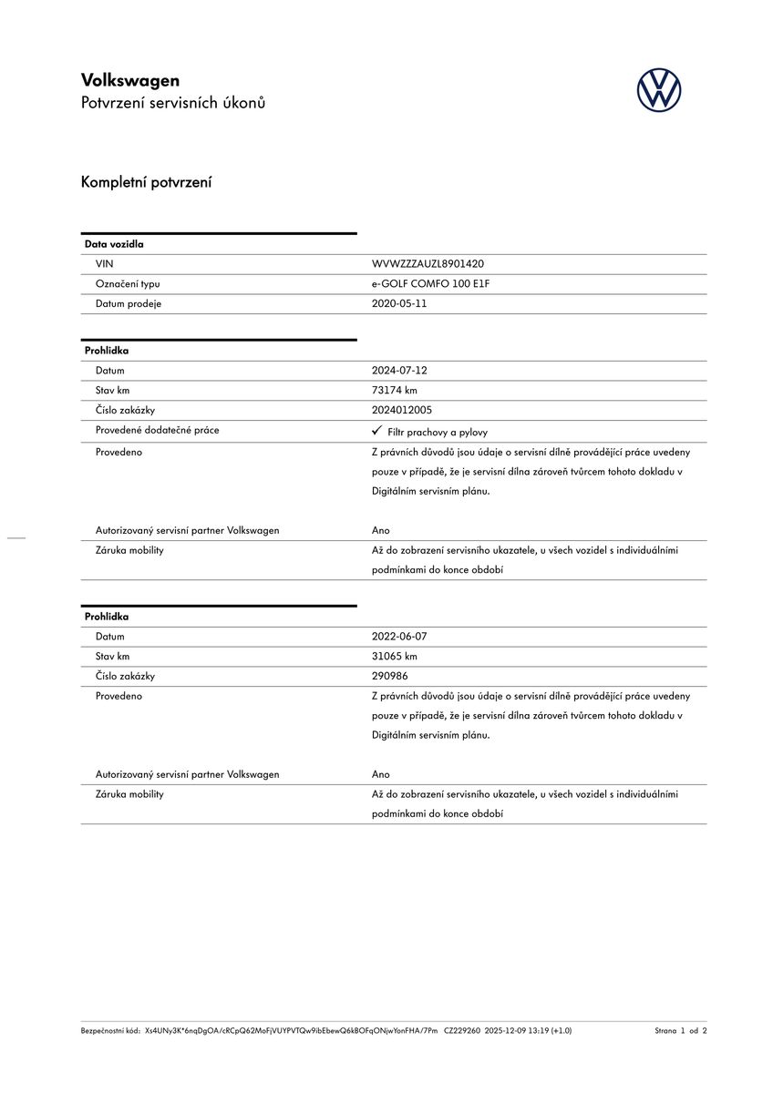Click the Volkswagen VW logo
[658, 91]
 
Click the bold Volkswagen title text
[130, 80]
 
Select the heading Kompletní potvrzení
[146, 182]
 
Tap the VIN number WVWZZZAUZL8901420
[428, 263]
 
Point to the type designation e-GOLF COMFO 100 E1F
[430, 283]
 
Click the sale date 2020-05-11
[399, 303]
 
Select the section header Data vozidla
[114, 244]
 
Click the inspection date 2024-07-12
[399, 371]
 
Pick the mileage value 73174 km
[395, 390]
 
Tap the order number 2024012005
[402, 410]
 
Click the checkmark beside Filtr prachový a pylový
[376, 431]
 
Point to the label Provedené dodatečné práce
[157, 430]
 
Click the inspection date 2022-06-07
[399, 637]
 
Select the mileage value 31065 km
[395, 656]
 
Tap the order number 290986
[389, 676]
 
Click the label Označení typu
[128, 283]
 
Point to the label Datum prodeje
[129, 303]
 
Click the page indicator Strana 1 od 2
[680, 1031]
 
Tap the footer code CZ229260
[462, 1031]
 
